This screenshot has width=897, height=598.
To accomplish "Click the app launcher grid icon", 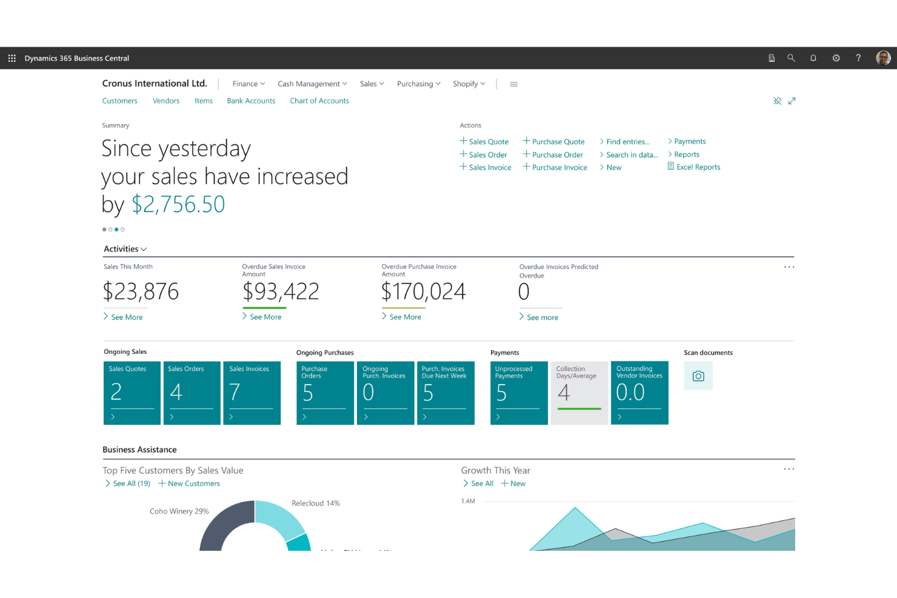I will (x=12, y=58).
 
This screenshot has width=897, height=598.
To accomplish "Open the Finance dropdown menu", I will (x=248, y=84).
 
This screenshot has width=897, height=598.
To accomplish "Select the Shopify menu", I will (x=469, y=84).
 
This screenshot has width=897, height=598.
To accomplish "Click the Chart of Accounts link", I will (x=319, y=101).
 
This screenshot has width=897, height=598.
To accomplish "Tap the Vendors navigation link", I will (x=166, y=101).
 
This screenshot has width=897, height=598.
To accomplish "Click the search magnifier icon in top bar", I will (x=791, y=58).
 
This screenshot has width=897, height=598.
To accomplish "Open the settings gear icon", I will (x=836, y=58).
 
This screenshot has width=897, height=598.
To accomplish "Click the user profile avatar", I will (x=883, y=58).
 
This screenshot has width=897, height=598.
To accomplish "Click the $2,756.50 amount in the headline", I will (x=178, y=205).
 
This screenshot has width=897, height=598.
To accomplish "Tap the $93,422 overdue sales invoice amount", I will (x=281, y=292).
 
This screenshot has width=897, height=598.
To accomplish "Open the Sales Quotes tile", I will (x=132, y=393).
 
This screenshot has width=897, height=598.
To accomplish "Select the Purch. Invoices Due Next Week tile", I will (x=445, y=393).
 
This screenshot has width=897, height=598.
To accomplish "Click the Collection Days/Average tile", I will (x=579, y=393).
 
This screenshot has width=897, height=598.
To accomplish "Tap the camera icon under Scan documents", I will (x=698, y=376).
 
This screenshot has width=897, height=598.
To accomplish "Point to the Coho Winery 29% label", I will (x=179, y=511).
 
